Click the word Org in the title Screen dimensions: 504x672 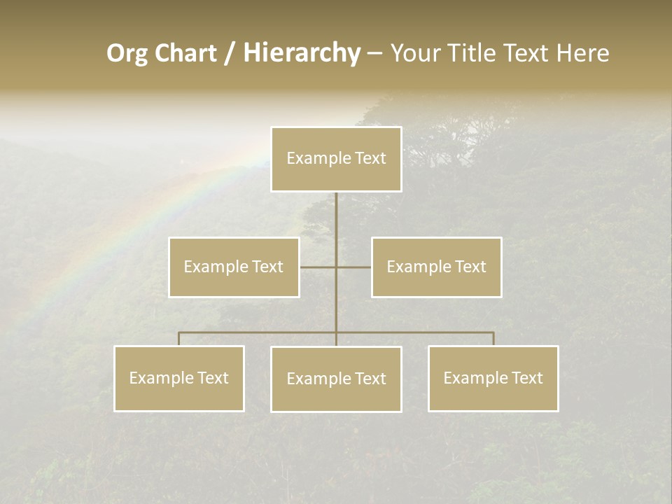127,53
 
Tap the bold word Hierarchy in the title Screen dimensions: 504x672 302,53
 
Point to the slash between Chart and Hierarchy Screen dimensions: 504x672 230,53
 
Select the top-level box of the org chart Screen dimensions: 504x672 336,159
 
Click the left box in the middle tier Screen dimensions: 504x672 234,267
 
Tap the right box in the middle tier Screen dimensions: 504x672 436,267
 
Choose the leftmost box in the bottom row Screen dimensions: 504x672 179,379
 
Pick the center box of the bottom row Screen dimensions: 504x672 336,379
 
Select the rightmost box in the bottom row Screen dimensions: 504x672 493,379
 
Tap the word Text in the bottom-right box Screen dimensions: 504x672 527,379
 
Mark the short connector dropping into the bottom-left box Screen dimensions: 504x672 179,339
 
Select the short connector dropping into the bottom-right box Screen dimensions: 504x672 493,339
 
